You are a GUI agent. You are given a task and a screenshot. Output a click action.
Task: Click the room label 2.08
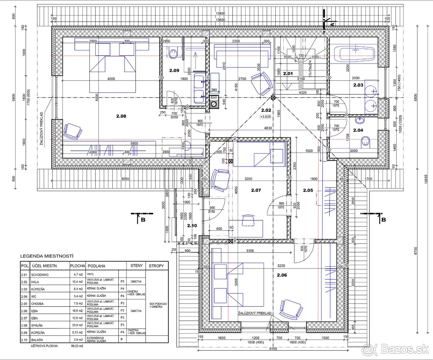pyautogui.click(x=121, y=117)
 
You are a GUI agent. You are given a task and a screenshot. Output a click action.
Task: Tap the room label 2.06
pyautogui.click(x=282, y=275)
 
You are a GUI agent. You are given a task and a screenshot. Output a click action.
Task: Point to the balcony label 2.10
pyautogui.click(x=192, y=226)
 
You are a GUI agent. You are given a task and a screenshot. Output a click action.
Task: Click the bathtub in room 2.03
pyautogui.click(x=356, y=54)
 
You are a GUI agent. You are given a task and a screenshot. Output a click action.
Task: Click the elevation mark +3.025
pyautogui.click(x=266, y=117)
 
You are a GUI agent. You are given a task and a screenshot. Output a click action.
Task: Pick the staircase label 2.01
pyautogui.click(x=288, y=74)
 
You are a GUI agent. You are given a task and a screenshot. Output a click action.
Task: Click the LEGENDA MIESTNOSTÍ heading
pyautogui.click(x=47, y=256)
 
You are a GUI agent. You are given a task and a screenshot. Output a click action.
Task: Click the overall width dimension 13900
pyautogui.click(x=220, y=13)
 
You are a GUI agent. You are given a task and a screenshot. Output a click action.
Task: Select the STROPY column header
pyautogui.click(x=156, y=265)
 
